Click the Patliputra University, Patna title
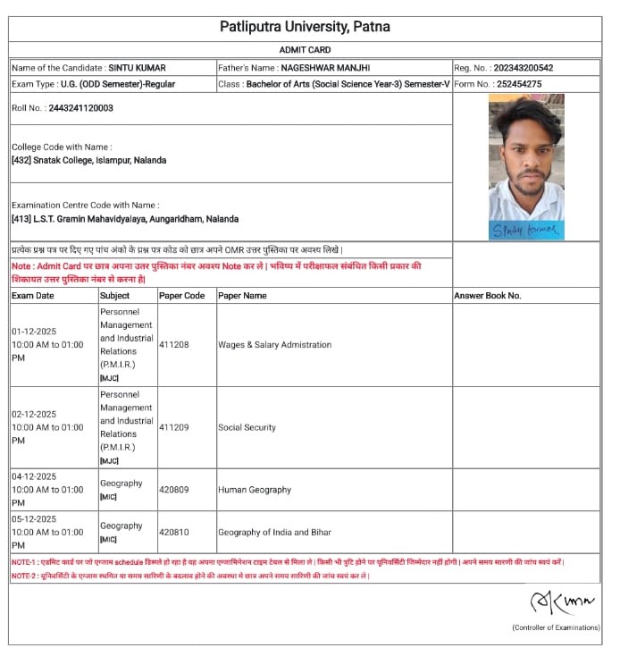point(305,27)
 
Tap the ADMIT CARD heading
point(305,49)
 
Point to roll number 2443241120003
point(75,108)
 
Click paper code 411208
point(173,344)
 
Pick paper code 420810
point(173,532)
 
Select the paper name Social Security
point(247,427)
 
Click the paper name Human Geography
point(255,490)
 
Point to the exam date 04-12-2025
point(34,476)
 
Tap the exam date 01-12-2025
point(34,331)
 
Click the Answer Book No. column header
point(488,295)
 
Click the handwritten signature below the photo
point(525,231)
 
